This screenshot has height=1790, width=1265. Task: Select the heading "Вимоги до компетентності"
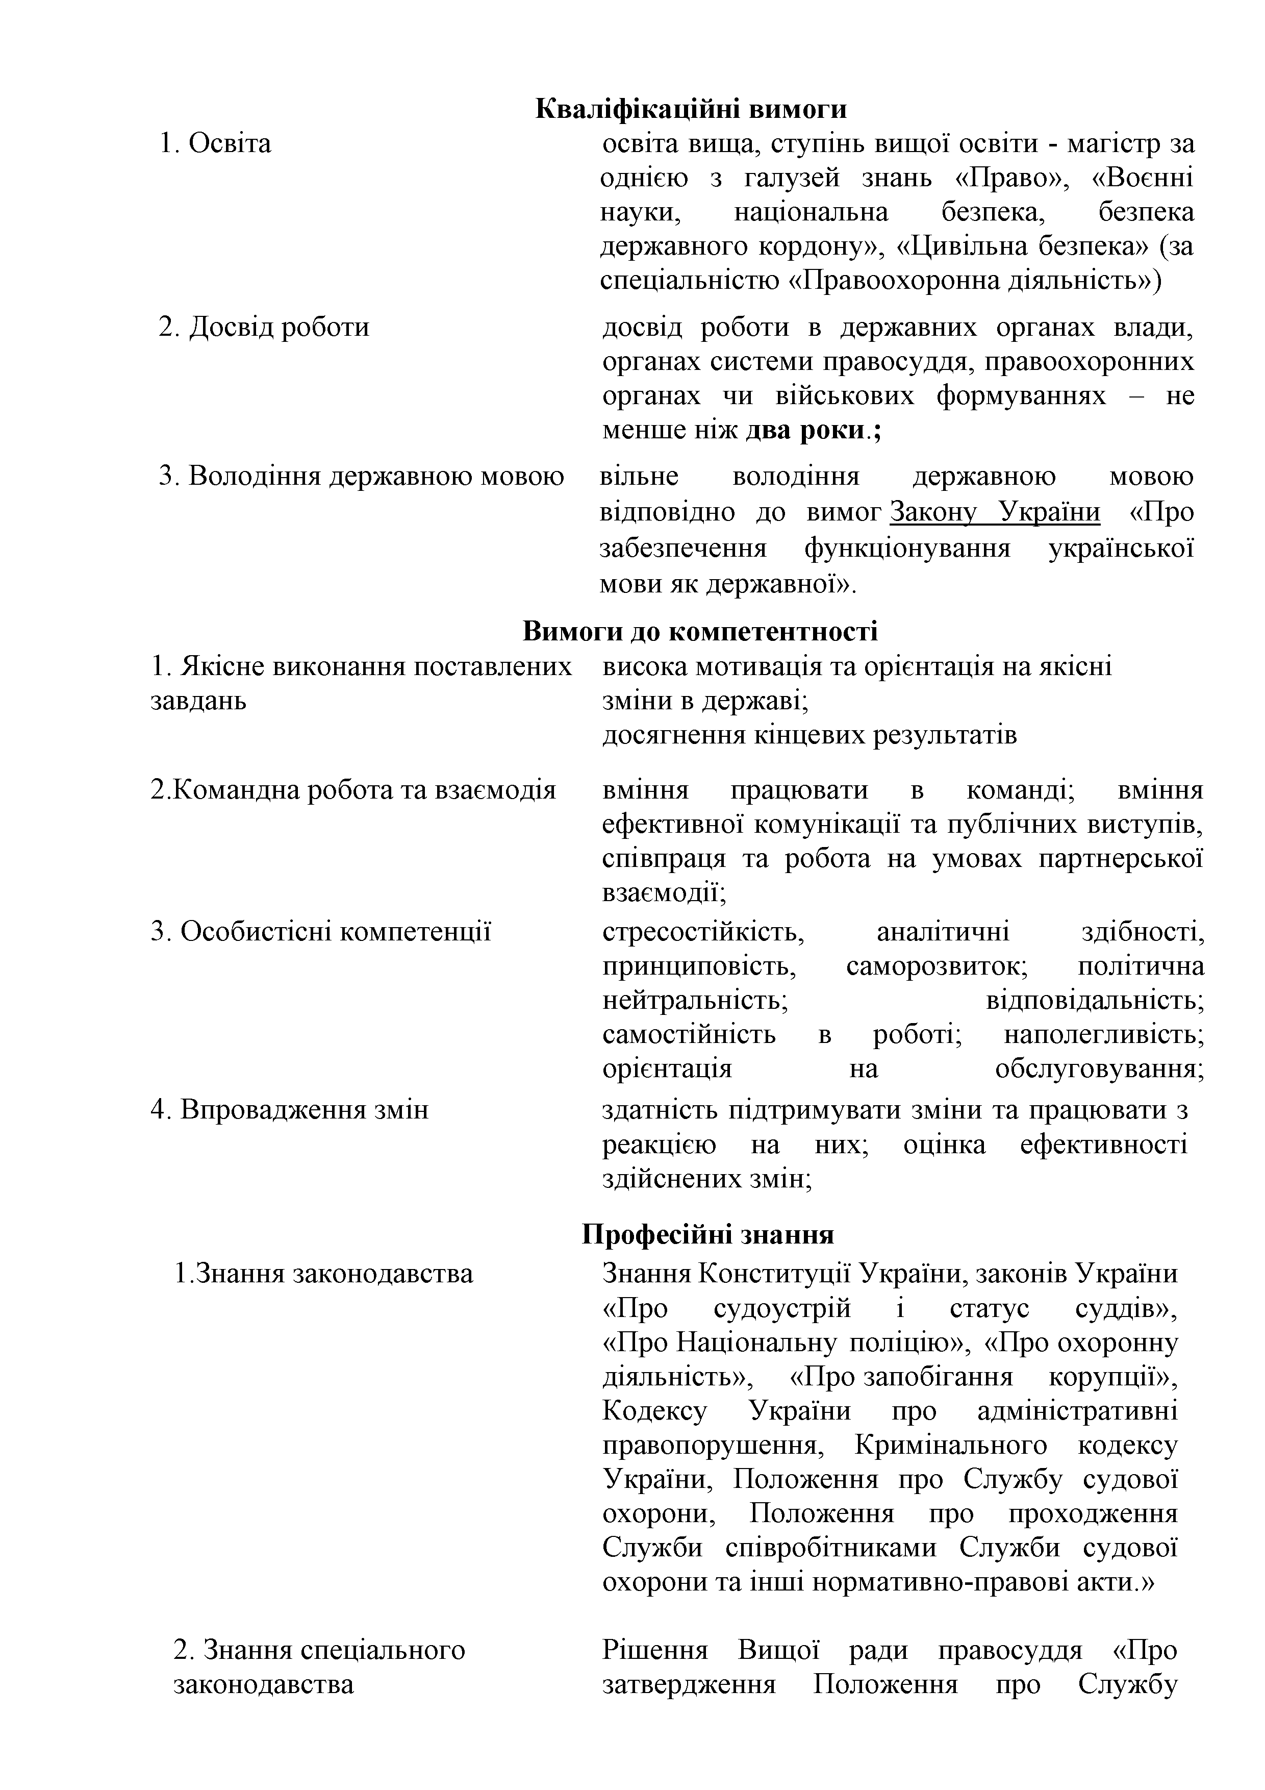(x=699, y=631)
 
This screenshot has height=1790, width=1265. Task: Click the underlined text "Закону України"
(x=995, y=512)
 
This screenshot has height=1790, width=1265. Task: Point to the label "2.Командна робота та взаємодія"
(x=353, y=790)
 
